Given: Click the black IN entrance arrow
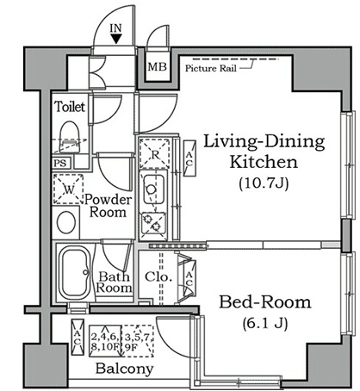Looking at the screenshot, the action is pos(116,39).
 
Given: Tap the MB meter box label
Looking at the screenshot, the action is pos(157,67).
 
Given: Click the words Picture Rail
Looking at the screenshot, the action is pos(211,68).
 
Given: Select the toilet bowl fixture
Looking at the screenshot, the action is pos(69,137).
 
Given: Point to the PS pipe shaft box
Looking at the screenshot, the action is pos(60,163).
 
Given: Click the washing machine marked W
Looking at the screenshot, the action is pos(68,189).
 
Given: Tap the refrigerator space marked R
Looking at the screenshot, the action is pos(155,153).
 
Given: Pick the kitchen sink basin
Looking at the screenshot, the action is pos(154,189).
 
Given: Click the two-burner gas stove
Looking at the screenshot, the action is pos(153,223).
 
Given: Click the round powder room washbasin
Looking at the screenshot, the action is pos(66,222).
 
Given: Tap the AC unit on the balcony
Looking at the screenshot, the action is pos(78,337).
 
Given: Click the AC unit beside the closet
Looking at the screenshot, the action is pos(189,278).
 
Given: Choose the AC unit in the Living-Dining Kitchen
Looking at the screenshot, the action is pos(189,158).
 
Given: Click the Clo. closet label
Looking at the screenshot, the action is pos(158,277).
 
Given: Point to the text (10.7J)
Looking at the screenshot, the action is pos(264,183).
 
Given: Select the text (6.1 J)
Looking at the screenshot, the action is pos(265,324).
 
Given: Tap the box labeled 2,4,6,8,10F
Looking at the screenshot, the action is pos(105,341).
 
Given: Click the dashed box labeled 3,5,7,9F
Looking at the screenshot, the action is pos(138,341).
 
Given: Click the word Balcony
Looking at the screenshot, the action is pos(124,369).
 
